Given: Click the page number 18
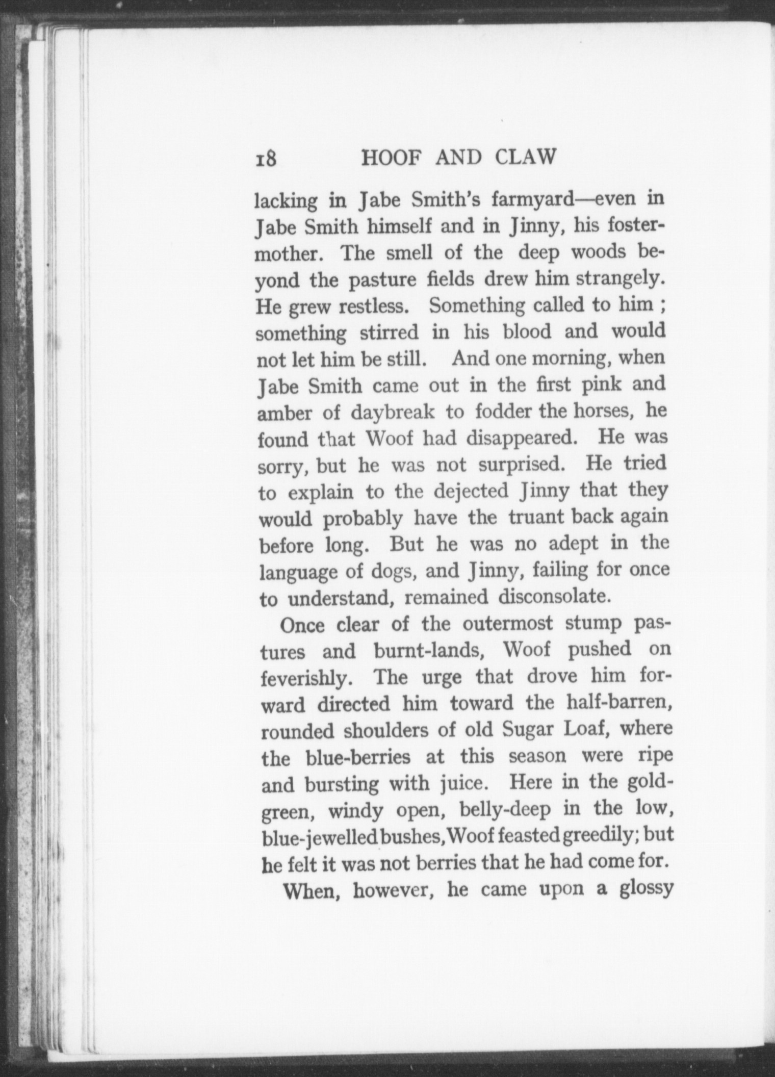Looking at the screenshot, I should click(x=266, y=159).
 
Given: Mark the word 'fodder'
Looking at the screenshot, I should click(x=503, y=412).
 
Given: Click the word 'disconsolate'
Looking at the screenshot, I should click(x=554, y=596).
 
